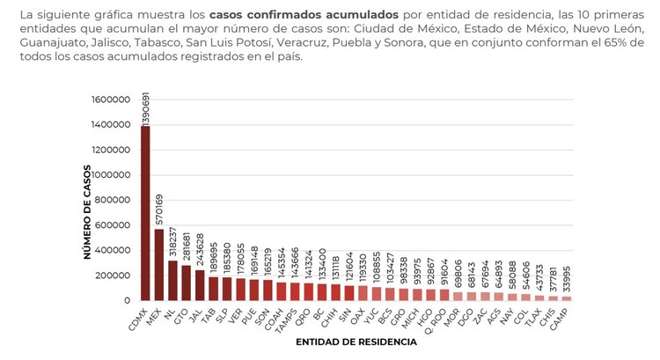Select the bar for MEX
[x=158, y=264]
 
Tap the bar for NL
[x=172, y=280]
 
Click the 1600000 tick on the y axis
[x=114, y=99]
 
